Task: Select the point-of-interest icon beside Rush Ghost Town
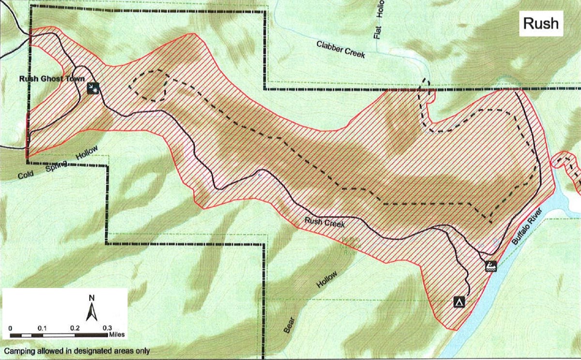pos(93,88)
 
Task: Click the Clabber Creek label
pos(341,49)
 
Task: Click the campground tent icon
pos(459,302)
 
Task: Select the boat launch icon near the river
pos(491,266)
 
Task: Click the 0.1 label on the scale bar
pos(43,328)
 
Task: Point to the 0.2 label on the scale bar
pos(75,328)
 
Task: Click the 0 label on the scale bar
pos(11,328)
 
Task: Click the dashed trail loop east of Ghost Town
pos(150,85)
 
